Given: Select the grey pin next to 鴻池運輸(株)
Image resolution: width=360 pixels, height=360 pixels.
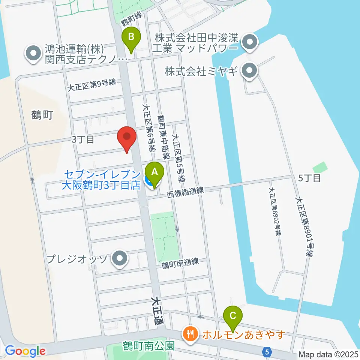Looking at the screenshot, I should (x=33, y=53).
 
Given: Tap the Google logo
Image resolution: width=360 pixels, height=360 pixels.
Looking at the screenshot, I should (x=25, y=351).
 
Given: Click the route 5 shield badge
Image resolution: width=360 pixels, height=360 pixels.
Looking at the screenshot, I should (x=267, y=352).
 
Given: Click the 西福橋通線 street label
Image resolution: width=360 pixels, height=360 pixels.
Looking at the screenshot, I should (x=186, y=192).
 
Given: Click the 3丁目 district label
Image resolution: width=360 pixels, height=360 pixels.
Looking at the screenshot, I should (x=83, y=140).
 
